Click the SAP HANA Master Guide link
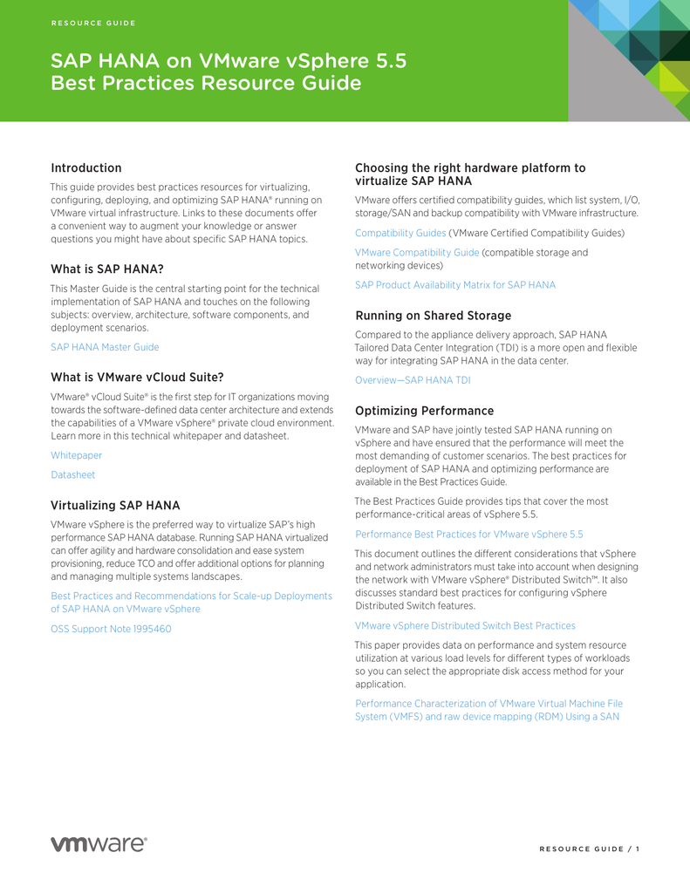(105, 347)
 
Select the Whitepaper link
(76, 455)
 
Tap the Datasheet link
(72, 475)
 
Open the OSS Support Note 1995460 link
(111, 629)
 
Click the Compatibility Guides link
(400, 233)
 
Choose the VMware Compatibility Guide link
(417, 252)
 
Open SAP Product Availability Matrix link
(454, 285)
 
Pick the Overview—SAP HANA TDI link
(412, 380)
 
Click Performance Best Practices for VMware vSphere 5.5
(468, 534)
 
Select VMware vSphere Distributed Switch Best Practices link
(465, 625)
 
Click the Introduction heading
(86, 167)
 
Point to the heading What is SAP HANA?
(107, 269)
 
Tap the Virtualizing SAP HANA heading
(115, 505)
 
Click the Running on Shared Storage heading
(433, 316)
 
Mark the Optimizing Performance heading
(424, 410)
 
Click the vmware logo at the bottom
(99, 843)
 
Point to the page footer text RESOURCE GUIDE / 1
(589, 849)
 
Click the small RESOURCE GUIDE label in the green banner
(93, 23)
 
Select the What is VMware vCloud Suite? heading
(137, 378)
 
